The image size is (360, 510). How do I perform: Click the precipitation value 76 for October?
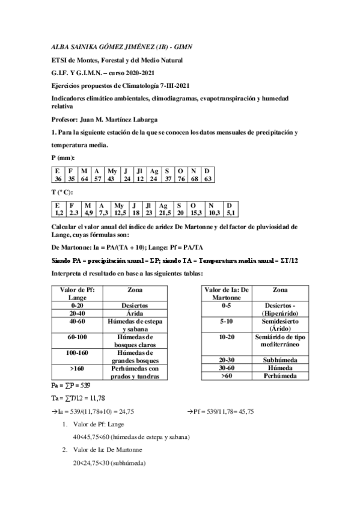tap(181, 179)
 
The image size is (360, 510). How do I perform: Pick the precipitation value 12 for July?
tap(140, 179)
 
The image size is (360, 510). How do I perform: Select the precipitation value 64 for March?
tap(85, 179)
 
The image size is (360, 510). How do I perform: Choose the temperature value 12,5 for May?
tap(121, 213)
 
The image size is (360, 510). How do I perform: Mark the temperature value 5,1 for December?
tap(229, 213)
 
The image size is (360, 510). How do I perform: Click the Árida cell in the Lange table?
tap(135, 313)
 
